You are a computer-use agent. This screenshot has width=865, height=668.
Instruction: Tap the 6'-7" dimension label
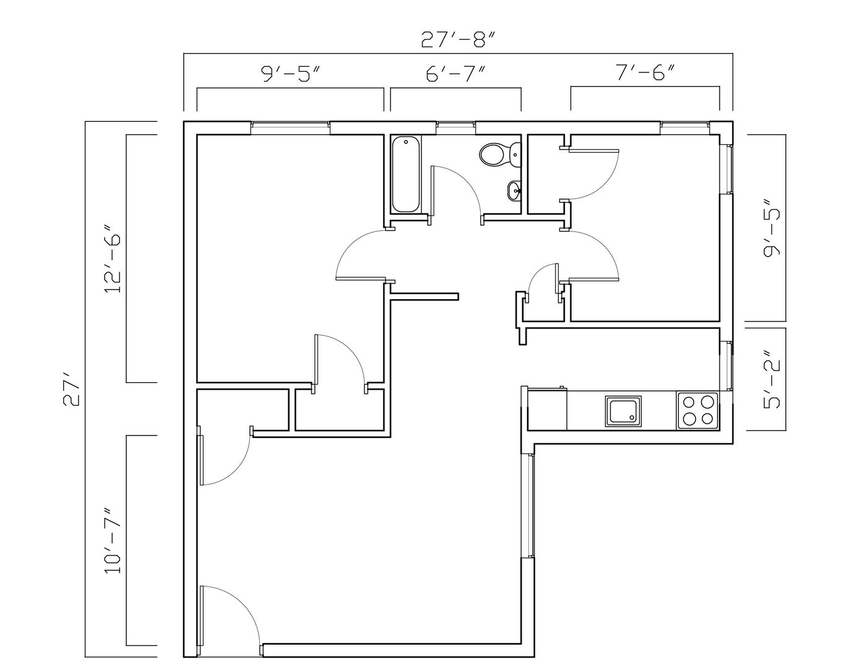[x=455, y=74]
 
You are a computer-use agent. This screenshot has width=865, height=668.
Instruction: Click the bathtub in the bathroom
[x=406, y=174]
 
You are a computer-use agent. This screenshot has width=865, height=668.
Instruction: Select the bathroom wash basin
[x=514, y=190]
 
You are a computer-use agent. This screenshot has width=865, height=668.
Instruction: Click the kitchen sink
[x=623, y=411]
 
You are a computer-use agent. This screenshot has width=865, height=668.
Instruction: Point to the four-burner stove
[x=697, y=411]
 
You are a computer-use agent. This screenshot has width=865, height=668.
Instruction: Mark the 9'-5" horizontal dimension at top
[x=291, y=74]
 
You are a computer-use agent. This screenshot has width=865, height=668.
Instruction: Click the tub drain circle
[x=406, y=142]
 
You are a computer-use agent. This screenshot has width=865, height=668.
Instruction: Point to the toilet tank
[x=515, y=155]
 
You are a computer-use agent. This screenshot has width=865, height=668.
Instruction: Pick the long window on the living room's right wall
[x=528, y=505]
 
